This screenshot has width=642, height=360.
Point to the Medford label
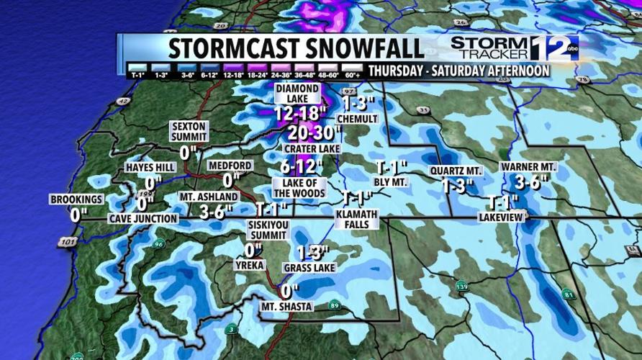tap(230, 166)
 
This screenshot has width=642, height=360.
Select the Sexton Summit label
tap(189, 131)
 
